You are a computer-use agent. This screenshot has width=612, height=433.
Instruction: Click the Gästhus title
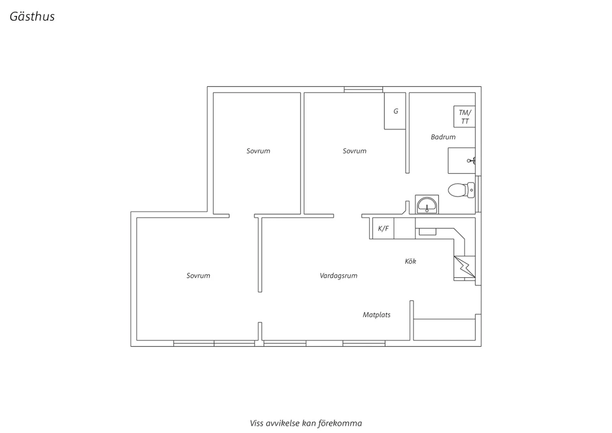[32, 16]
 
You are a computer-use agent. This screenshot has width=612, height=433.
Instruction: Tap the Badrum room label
[443, 137]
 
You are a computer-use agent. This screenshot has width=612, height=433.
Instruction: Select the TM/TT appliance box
[464, 116]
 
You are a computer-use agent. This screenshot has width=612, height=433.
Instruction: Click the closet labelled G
[395, 111]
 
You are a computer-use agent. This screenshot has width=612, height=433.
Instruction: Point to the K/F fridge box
[383, 228]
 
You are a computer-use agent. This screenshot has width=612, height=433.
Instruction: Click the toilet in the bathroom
[461, 190]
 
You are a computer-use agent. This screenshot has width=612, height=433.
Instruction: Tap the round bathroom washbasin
[427, 205]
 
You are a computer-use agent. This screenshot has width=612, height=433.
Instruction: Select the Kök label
[410, 261]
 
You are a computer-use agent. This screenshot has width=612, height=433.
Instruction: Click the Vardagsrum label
[339, 276]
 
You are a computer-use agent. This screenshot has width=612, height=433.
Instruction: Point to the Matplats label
[377, 315]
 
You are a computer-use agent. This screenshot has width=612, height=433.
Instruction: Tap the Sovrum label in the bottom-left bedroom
[198, 275]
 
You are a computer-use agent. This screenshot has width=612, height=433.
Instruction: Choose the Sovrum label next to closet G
[355, 151]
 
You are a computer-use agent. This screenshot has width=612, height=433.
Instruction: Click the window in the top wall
[364, 89]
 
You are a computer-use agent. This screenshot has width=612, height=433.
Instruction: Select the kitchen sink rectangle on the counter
[428, 232]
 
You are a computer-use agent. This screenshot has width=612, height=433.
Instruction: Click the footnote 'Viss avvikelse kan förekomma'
[306, 423]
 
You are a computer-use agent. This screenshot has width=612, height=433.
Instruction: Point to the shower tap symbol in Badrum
[471, 160]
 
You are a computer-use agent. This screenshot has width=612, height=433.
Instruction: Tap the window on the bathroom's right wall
[479, 194]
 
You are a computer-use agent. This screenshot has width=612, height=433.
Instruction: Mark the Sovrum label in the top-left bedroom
[258, 151]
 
